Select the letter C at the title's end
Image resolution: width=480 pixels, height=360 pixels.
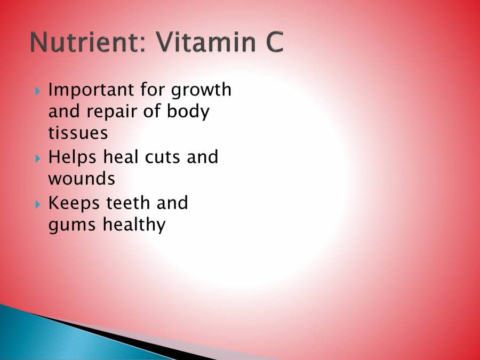pyautogui.click(x=271, y=43)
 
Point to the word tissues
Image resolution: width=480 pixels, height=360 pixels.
pyautogui.click(x=78, y=133)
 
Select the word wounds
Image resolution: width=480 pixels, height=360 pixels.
pyautogui.click(x=82, y=179)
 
